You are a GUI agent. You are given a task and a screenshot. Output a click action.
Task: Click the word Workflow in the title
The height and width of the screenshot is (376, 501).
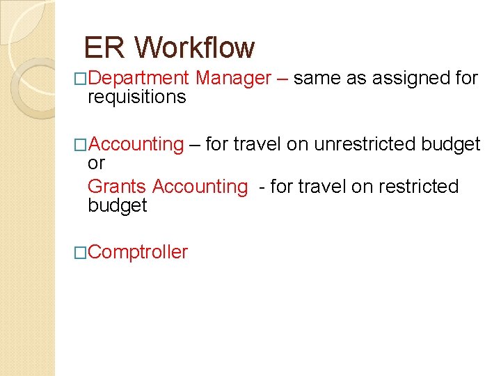[x=195, y=48]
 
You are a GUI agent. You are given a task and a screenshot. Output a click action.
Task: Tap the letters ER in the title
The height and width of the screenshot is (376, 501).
[x=105, y=48]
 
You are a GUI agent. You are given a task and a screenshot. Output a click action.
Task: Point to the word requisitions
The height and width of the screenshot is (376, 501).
[x=137, y=97]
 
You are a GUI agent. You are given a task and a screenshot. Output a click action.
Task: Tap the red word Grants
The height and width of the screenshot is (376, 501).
[x=118, y=187]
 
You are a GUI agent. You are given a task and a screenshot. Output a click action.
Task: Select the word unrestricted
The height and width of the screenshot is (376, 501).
[x=367, y=144]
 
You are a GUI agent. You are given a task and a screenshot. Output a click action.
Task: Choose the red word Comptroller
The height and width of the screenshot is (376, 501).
[x=138, y=252]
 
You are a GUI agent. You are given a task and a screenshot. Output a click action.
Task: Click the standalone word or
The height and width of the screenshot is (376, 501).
[x=96, y=164]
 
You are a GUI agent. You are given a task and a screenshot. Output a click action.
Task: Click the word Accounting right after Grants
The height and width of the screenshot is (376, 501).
[x=200, y=187]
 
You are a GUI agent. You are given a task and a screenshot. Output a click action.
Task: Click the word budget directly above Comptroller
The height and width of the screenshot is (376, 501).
[x=117, y=205]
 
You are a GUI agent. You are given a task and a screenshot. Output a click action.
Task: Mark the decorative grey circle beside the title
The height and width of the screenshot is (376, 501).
[x=35, y=87]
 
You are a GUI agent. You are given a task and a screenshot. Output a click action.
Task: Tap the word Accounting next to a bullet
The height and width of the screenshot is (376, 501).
[x=136, y=144]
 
